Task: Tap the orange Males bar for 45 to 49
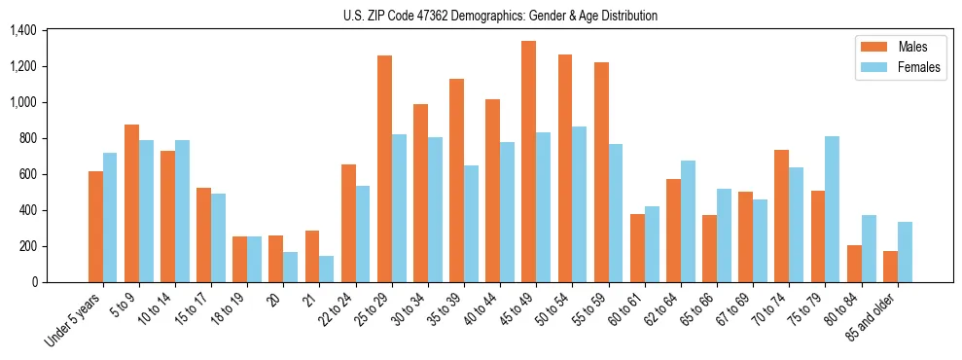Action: [x=528, y=162]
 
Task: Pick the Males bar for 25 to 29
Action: [x=384, y=169]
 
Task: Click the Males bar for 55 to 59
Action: [x=601, y=172]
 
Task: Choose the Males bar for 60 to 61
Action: [x=637, y=248]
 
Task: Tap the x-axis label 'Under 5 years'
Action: [x=76, y=319]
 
